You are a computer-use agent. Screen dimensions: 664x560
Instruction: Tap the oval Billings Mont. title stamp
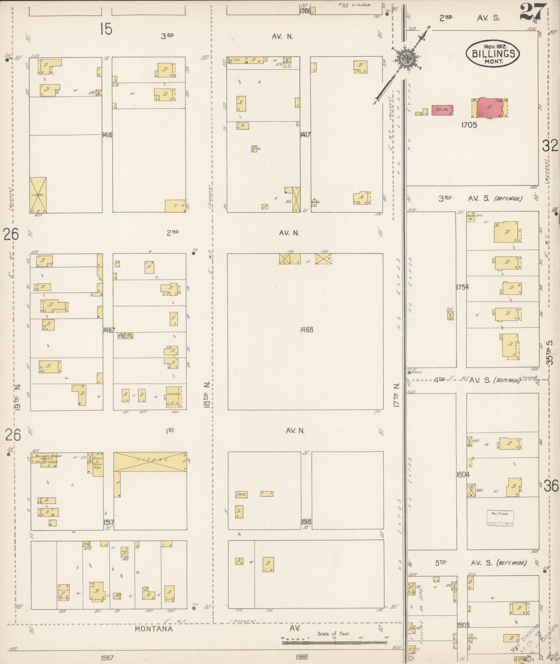(x=493, y=53)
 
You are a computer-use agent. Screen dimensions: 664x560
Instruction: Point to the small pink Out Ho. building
(x=442, y=110)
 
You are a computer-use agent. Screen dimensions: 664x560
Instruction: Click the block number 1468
(x=306, y=329)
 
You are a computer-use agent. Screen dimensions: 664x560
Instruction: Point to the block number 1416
(x=107, y=135)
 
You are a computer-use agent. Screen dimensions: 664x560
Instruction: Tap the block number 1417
(x=305, y=135)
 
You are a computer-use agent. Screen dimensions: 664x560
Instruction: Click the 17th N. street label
(x=397, y=395)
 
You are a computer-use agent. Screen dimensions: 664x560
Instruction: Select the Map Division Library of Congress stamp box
(x=500, y=518)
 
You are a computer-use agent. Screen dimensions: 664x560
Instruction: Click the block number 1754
(x=462, y=287)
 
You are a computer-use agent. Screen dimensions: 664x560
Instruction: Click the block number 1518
(x=306, y=521)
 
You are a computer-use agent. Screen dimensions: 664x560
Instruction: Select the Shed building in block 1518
(x=241, y=494)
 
